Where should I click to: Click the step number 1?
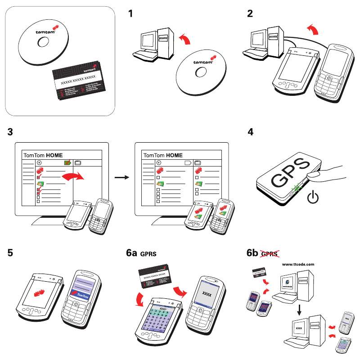[130, 14]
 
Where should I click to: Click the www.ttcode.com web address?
[297, 265]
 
